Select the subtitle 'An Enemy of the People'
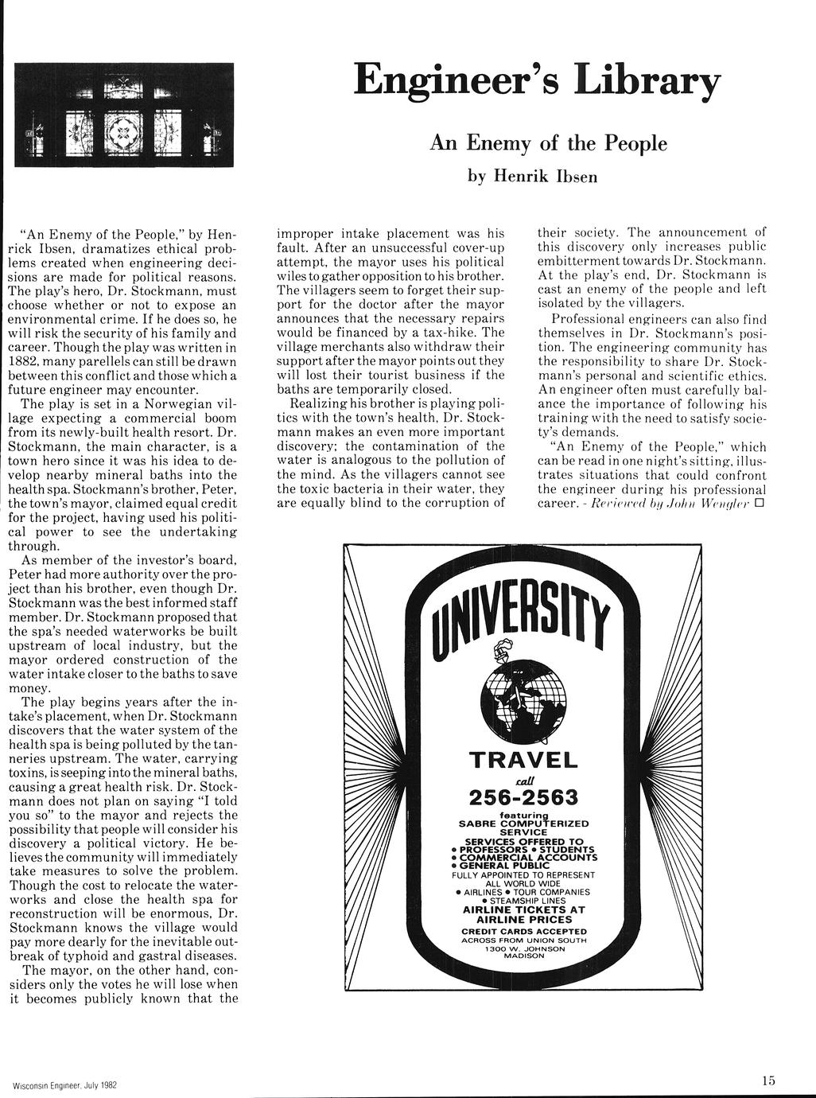pos(548,143)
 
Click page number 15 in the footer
pos(767,1080)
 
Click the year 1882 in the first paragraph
pos(23,363)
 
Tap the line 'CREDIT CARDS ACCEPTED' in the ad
pos(524,931)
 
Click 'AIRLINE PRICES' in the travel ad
pos(524,920)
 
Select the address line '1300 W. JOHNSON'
pos(524,948)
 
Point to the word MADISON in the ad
pos(524,956)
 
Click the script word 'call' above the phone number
pos(524,779)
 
